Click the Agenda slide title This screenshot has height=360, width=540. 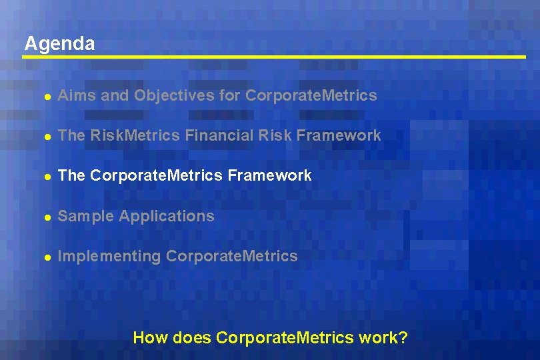point(59,44)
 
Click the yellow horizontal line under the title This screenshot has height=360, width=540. point(273,57)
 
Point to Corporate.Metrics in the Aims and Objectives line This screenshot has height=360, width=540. point(311,95)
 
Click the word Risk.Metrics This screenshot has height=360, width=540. point(135,135)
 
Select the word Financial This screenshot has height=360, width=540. point(217,135)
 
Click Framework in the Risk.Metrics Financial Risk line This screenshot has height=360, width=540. point(339,135)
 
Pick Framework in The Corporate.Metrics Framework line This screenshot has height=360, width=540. point(269,175)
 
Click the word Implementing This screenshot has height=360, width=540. point(109,256)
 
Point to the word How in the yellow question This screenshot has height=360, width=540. point(150,337)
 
